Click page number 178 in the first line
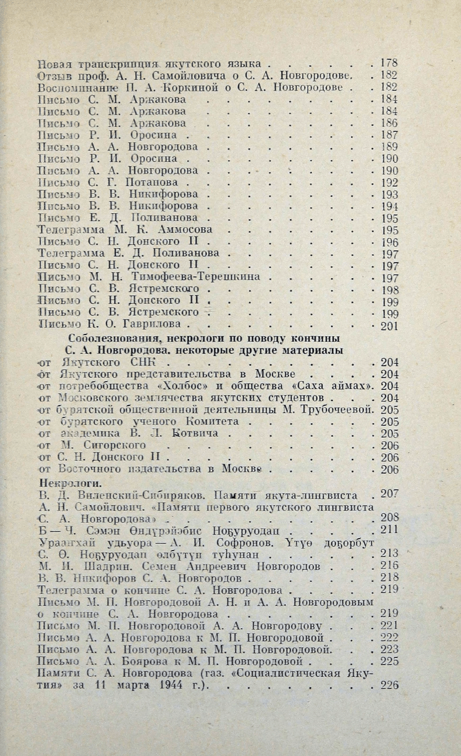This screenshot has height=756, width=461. pos(390,63)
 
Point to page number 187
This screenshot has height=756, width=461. pos(390,135)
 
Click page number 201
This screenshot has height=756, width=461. pos(390,326)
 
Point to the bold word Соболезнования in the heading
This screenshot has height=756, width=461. pos(111,339)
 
